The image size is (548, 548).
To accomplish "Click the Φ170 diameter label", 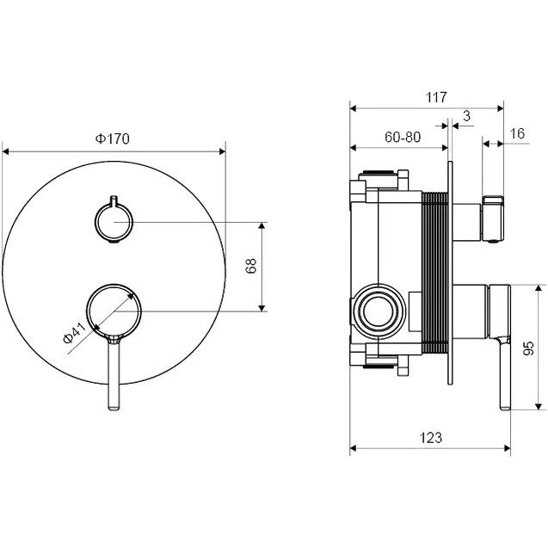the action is [113, 139].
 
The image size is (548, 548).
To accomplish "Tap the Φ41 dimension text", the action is [75, 333].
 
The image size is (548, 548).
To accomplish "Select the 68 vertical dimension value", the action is [251, 266].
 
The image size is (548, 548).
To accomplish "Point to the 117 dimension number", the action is [436, 97].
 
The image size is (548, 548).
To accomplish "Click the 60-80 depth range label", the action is [403, 137].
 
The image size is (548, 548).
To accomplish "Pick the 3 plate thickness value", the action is [467, 115].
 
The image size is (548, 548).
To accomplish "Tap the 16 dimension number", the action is [517, 133].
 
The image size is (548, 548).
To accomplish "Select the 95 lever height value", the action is [529, 348].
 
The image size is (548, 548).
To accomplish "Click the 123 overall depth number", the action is [430, 437].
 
